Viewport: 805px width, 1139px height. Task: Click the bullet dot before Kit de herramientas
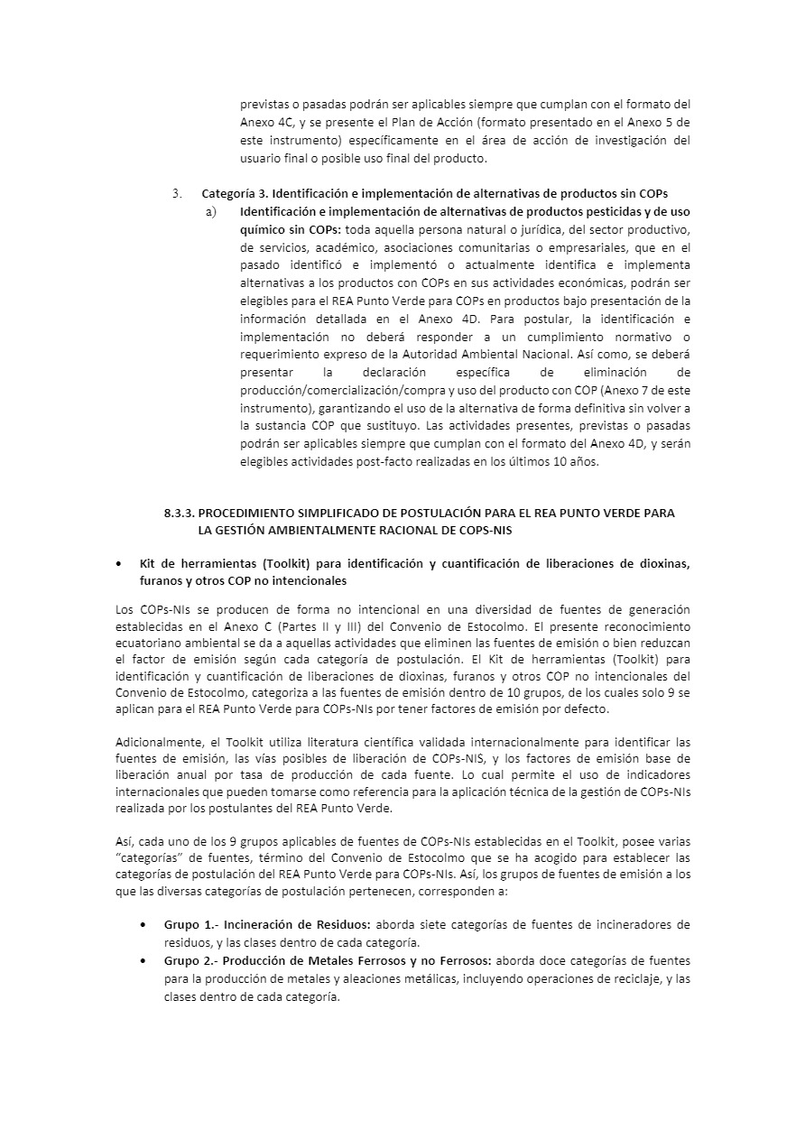[x=120, y=564]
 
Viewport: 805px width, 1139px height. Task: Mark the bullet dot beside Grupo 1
[x=144, y=924]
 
